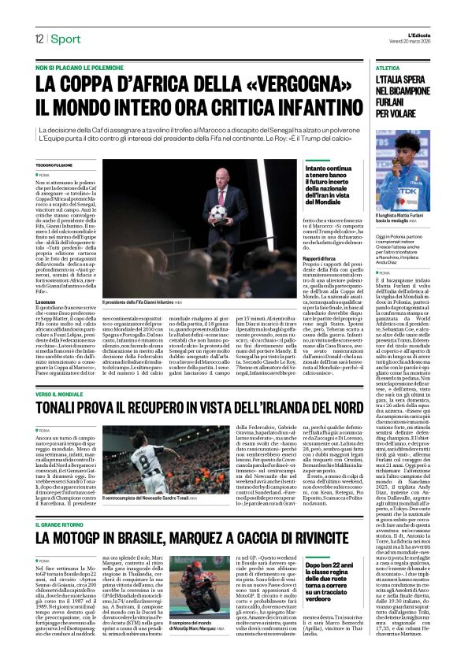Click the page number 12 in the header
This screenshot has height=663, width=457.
38,39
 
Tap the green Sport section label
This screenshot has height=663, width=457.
69,39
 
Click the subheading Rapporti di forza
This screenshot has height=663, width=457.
319,257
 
